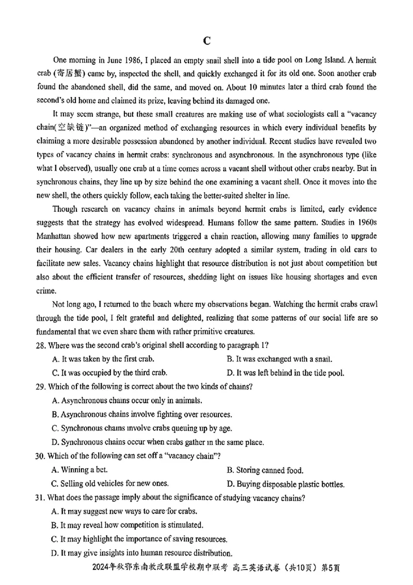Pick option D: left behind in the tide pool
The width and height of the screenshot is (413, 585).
tap(285, 373)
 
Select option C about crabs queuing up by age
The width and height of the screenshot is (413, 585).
tap(142, 428)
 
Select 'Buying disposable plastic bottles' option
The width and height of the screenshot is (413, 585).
tap(285, 484)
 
